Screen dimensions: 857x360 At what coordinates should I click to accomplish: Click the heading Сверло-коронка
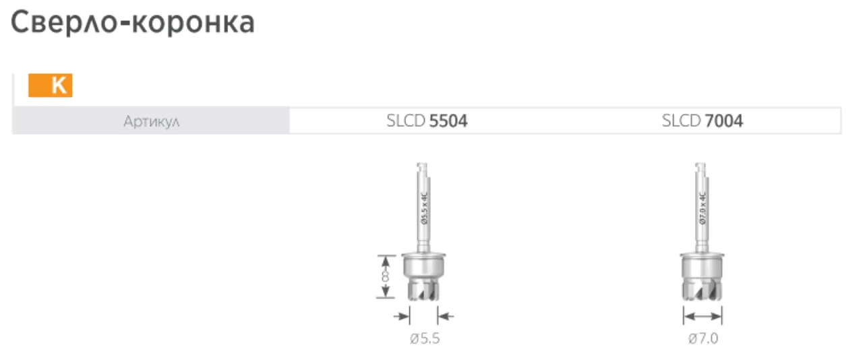click(132, 22)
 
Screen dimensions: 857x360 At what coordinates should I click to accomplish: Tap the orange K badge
click(50, 86)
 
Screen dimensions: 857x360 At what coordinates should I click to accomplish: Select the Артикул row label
click(151, 121)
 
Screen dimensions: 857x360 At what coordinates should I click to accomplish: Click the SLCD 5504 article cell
click(427, 121)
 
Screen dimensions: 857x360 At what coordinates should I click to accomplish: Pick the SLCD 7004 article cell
click(702, 121)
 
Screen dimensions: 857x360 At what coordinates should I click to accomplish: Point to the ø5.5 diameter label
click(425, 338)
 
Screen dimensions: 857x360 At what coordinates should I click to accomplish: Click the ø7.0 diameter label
click(703, 338)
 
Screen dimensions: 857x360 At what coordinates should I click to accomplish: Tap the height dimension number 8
click(385, 276)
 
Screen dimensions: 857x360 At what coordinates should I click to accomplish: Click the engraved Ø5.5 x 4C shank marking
click(424, 208)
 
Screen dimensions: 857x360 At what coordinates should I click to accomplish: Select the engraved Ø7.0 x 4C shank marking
click(703, 208)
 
